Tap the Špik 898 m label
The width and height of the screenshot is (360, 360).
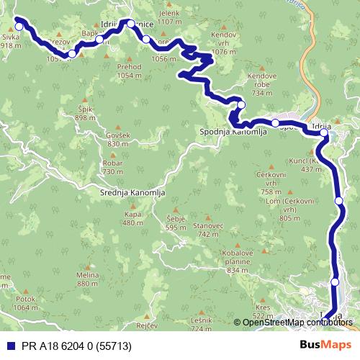(x=86, y=114)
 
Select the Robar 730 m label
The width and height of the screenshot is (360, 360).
(x=113, y=167)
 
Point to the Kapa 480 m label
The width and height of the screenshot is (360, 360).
(x=133, y=218)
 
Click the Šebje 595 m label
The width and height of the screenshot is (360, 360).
(x=176, y=223)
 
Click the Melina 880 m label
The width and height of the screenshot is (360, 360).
(x=87, y=280)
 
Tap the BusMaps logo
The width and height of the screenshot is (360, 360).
(x=325, y=345)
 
